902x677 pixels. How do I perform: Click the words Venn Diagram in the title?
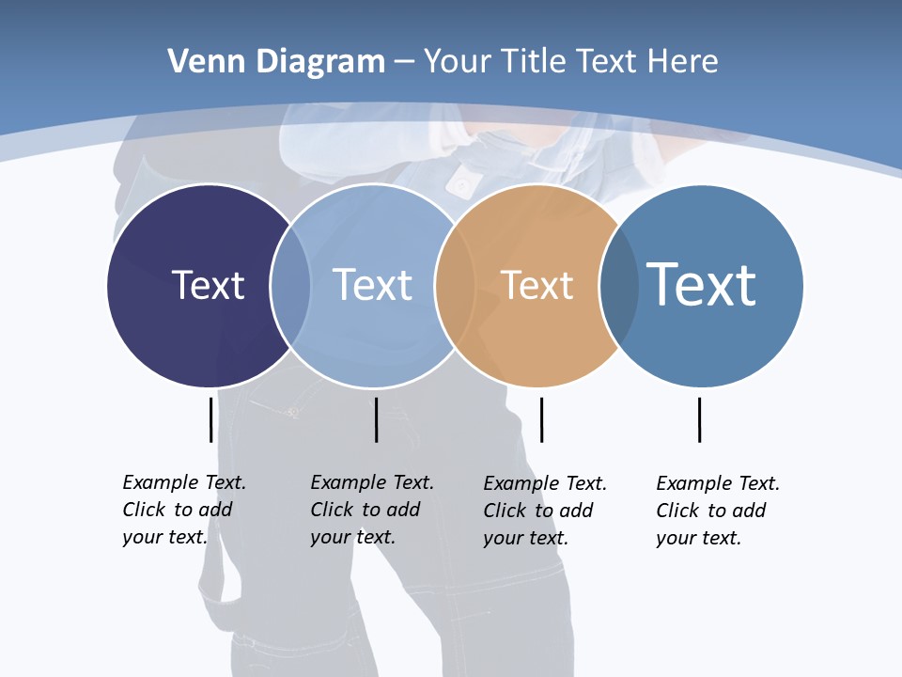tap(276, 62)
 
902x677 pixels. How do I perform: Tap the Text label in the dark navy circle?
tap(208, 285)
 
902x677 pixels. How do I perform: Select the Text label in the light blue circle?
tap(372, 285)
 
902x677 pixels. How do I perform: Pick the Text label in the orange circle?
tap(537, 285)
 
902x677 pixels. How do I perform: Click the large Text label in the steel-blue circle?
tap(701, 285)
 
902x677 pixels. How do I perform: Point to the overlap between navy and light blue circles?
tap(290, 285)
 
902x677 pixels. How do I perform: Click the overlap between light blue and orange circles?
tap(454, 285)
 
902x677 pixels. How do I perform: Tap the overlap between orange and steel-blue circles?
tap(619, 285)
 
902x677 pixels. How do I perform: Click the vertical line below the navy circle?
tap(211, 419)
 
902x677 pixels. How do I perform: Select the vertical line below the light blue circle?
tap(376, 419)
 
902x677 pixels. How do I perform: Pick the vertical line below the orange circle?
tap(541, 419)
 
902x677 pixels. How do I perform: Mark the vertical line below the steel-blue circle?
tap(699, 419)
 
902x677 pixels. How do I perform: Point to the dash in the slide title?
tap(404, 63)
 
